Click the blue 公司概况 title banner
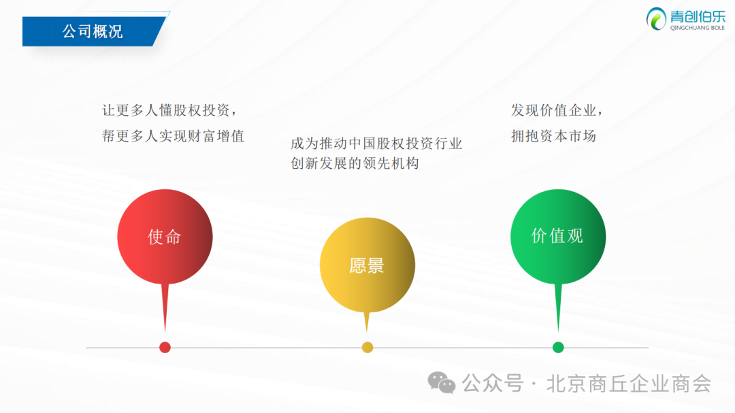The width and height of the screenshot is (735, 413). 94,31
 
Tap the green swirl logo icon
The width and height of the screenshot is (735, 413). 656,19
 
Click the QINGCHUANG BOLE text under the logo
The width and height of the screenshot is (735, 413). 698,28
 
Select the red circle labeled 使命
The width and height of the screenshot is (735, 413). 165,237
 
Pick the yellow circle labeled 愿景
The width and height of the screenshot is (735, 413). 367,265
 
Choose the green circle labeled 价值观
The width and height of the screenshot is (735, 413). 558,236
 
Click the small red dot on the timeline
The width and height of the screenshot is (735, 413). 165,348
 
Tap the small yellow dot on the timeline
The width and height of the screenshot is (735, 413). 367,348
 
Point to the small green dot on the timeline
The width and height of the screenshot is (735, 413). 558,348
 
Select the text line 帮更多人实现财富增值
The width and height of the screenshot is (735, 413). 173,136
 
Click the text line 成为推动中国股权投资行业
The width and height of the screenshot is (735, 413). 376,144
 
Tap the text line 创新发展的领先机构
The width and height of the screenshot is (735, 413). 355,163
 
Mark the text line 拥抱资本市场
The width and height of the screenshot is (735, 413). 553,136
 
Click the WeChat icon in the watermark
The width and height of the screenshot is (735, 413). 441,382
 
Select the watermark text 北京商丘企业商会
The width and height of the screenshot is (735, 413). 629,384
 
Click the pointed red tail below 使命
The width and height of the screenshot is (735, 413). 165,308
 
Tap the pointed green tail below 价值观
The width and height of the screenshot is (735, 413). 558,308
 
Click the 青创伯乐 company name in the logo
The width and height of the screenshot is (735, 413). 698,16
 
